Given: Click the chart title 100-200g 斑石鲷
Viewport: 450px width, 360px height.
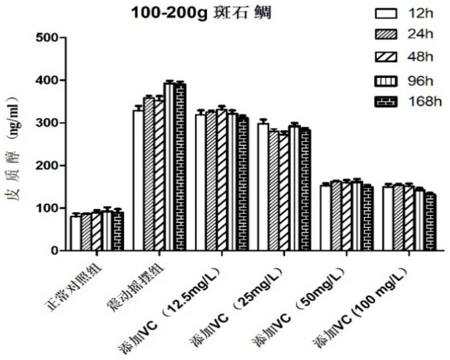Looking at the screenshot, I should (x=201, y=14).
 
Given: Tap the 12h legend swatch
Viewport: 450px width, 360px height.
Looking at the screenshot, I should (x=385, y=14).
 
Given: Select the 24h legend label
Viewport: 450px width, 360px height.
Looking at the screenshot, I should (x=420, y=35).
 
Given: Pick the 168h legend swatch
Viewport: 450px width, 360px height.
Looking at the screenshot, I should (x=385, y=102).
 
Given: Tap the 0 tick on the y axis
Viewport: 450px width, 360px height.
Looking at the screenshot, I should (x=54, y=251).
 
